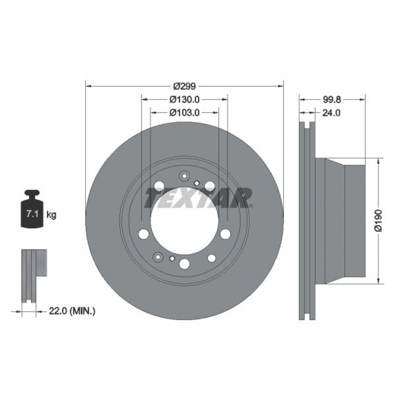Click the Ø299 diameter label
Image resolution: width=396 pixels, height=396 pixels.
tap(185, 86)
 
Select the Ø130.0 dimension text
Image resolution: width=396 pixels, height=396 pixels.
tap(185, 99)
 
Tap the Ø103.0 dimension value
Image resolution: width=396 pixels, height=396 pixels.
tap(185, 112)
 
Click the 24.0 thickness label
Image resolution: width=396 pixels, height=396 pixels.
tap(331, 112)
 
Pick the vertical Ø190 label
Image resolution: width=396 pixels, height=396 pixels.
tap(379, 221)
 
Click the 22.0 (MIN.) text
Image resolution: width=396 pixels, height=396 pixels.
tap(72, 311)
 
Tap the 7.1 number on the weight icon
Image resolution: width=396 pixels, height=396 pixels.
tap(32, 214)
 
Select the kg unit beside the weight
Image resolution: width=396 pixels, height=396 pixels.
tap(51, 215)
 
